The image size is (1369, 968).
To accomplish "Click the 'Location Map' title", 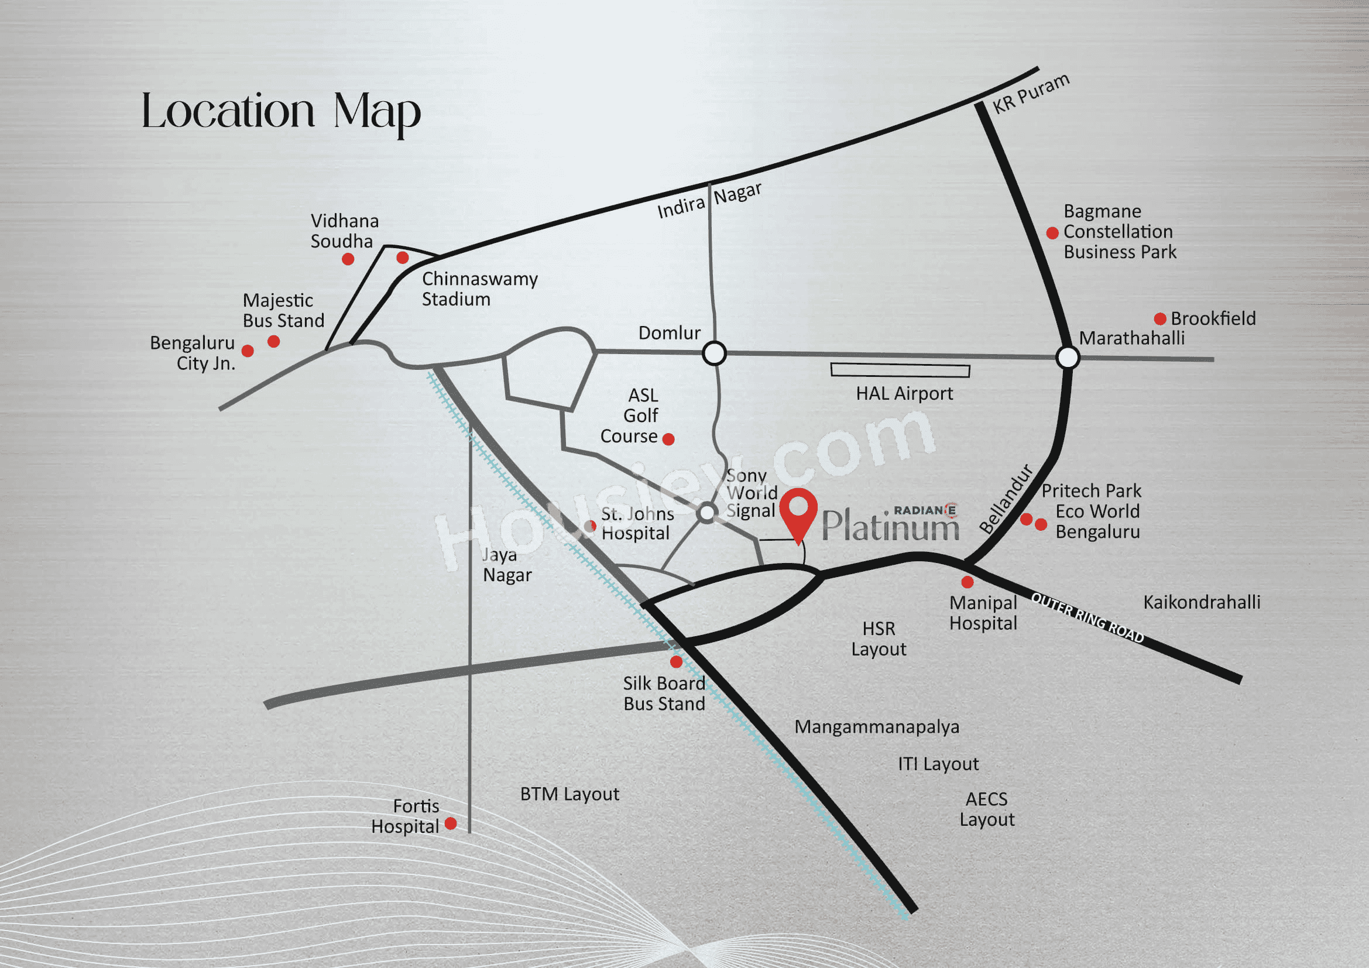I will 281,112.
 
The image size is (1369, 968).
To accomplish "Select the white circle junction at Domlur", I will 714,353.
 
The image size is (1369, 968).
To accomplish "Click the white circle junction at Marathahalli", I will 1068,358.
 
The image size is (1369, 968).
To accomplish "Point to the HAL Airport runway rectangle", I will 900,370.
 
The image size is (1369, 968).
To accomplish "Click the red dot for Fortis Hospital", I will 451,823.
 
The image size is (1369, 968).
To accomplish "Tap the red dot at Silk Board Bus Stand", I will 676,662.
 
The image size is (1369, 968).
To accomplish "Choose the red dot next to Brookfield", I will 1159,319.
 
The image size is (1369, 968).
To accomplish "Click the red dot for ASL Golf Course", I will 668,440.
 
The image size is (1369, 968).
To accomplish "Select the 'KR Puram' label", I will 1031,93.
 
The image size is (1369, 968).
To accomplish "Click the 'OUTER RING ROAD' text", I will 1087,618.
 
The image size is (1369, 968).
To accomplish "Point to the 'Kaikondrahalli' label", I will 1202,602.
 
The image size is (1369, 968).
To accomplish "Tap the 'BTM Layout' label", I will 569,794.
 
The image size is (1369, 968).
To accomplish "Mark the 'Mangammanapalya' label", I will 877,727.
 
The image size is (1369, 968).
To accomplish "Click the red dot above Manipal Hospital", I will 967,582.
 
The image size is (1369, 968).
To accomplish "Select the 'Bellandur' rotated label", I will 1006,499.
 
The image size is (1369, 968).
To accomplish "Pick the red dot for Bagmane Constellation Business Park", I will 1052,233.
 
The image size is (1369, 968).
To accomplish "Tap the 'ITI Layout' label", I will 938,764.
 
